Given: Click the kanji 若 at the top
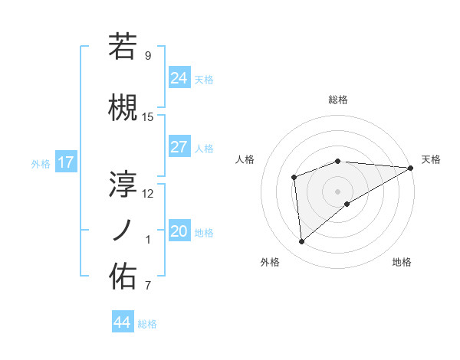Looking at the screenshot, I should (123, 47).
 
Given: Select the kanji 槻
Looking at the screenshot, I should (123, 109).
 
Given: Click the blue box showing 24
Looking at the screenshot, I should (179, 78).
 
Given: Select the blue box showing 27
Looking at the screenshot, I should (179, 147).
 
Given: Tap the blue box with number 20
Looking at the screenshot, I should (179, 231).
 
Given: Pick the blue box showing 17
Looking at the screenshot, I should (65, 162).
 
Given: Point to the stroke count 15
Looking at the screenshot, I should (148, 117).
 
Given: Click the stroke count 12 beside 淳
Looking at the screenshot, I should (148, 193).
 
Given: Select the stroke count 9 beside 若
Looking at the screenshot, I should (148, 55).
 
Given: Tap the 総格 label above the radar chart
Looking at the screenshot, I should (338, 100).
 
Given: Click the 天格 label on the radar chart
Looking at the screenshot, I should (431, 159).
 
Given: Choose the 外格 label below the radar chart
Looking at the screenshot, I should (270, 262).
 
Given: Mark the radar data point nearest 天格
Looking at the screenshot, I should (411, 167).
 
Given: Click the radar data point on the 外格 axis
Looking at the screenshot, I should (301, 241).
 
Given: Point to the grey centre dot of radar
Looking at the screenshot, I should (337, 191).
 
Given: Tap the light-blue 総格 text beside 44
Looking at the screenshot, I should (148, 324).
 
